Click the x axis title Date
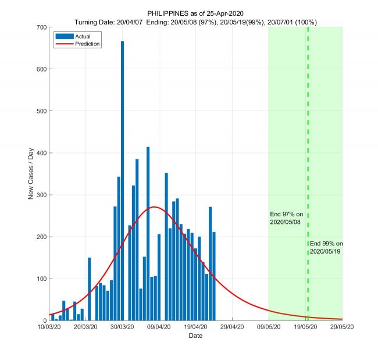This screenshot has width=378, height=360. coord(195,336)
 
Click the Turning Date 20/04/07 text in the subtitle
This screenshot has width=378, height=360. coord(110,22)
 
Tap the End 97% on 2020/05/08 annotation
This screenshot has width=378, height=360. coord(287,218)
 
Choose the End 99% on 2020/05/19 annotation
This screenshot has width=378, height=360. coord(326,247)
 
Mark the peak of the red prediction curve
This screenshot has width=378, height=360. coord(154,207)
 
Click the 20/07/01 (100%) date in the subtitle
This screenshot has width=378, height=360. coord(294,22)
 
